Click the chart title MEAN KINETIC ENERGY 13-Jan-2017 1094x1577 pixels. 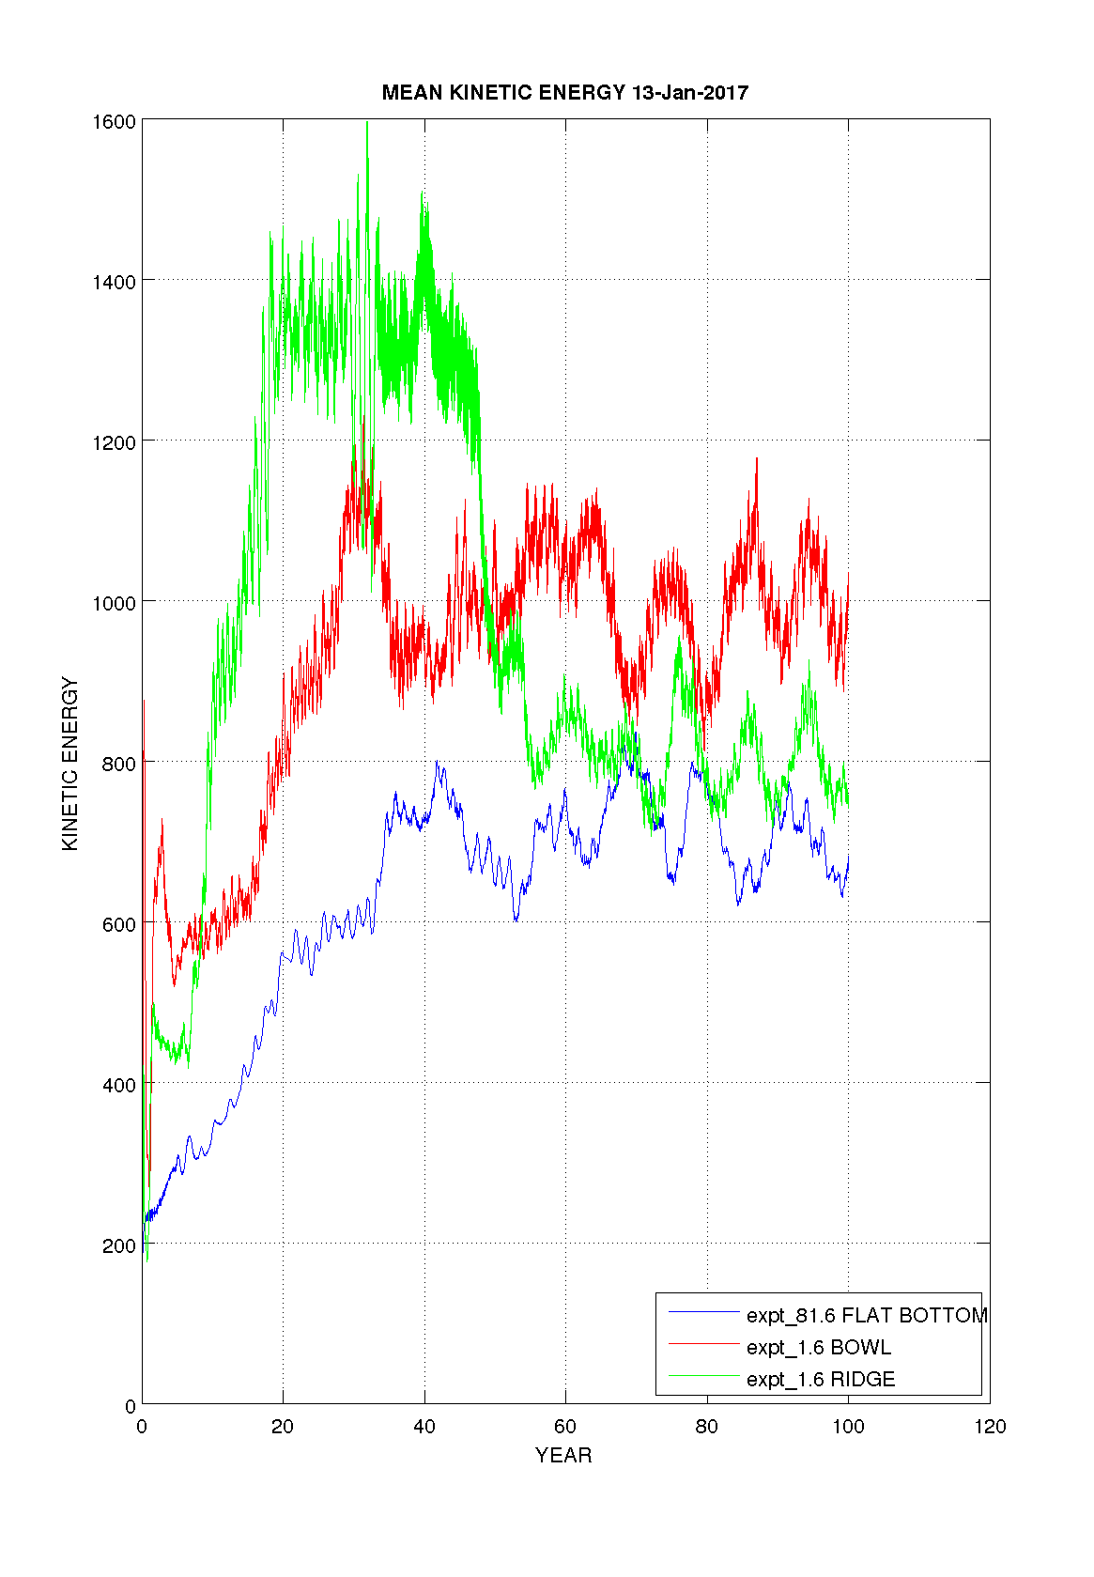pyautogui.click(x=564, y=92)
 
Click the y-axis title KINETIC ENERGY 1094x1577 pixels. pyautogui.click(x=69, y=764)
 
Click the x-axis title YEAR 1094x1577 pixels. pyautogui.click(x=563, y=1455)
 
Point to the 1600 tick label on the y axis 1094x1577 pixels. pyautogui.click(x=114, y=121)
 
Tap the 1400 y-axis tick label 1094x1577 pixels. pyautogui.click(x=114, y=282)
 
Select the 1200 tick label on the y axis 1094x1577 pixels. pyautogui.click(x=114, y=442)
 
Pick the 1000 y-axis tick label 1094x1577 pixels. pyautogui.click(x=114, y=603)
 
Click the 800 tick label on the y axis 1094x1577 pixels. pyautogui.click(x=118, y=764)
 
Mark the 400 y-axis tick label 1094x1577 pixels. pyautogui.click(x=118, y=1085)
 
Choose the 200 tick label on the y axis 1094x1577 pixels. pyautogui.click(x=118, y=1245)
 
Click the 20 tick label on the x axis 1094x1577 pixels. pyautogui.click(x=283, y=1427)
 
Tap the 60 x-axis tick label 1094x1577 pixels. pyautogui.click(x=565, y=1427)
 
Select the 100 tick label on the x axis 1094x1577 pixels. pyautogui.click(x=848, y=1427)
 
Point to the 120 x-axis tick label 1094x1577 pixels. pyautogui.click(x=990, y=1427)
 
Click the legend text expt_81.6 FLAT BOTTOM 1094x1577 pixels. pyautogui.click(x=867, y=1315)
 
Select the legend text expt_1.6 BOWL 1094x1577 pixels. pyautogui.click(x=819, y=1347)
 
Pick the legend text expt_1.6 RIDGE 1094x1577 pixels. pyautogui.click(x=821, y=1379)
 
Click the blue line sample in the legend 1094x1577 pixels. pyautogui.click(x=704, y=1312)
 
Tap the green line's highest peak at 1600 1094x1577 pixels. pyautogui.click(x=367, y=123)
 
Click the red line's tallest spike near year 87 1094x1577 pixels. pyautogui.click(x=757, y=459)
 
